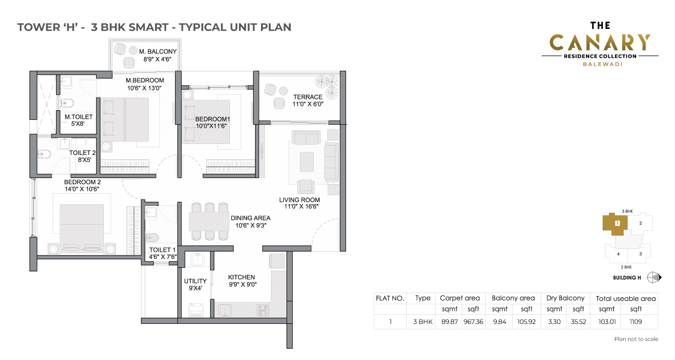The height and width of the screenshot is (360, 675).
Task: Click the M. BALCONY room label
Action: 158,51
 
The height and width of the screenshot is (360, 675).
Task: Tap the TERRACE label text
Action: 308,97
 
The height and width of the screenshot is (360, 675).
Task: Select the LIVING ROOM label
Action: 299,200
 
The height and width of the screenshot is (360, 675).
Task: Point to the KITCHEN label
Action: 242,277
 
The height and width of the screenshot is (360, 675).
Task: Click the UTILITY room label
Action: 195,281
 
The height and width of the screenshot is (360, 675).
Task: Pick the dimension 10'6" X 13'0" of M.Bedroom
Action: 144,88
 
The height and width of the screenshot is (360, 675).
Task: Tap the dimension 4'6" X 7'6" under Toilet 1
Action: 163,257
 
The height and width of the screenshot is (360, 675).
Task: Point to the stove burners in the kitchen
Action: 262,310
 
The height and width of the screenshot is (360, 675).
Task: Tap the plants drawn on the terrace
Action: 328,86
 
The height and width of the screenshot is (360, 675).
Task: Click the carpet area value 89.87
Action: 449,322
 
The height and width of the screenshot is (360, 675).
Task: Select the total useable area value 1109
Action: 636,322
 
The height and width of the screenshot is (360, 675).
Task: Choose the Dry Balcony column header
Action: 565,298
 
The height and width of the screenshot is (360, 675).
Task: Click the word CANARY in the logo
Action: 600,42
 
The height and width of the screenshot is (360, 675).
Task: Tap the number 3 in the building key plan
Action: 641,254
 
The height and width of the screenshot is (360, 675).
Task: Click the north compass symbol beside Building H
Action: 653,277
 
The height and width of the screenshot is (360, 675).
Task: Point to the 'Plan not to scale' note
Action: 636,339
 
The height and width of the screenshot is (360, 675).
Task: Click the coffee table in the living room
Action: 306,162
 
